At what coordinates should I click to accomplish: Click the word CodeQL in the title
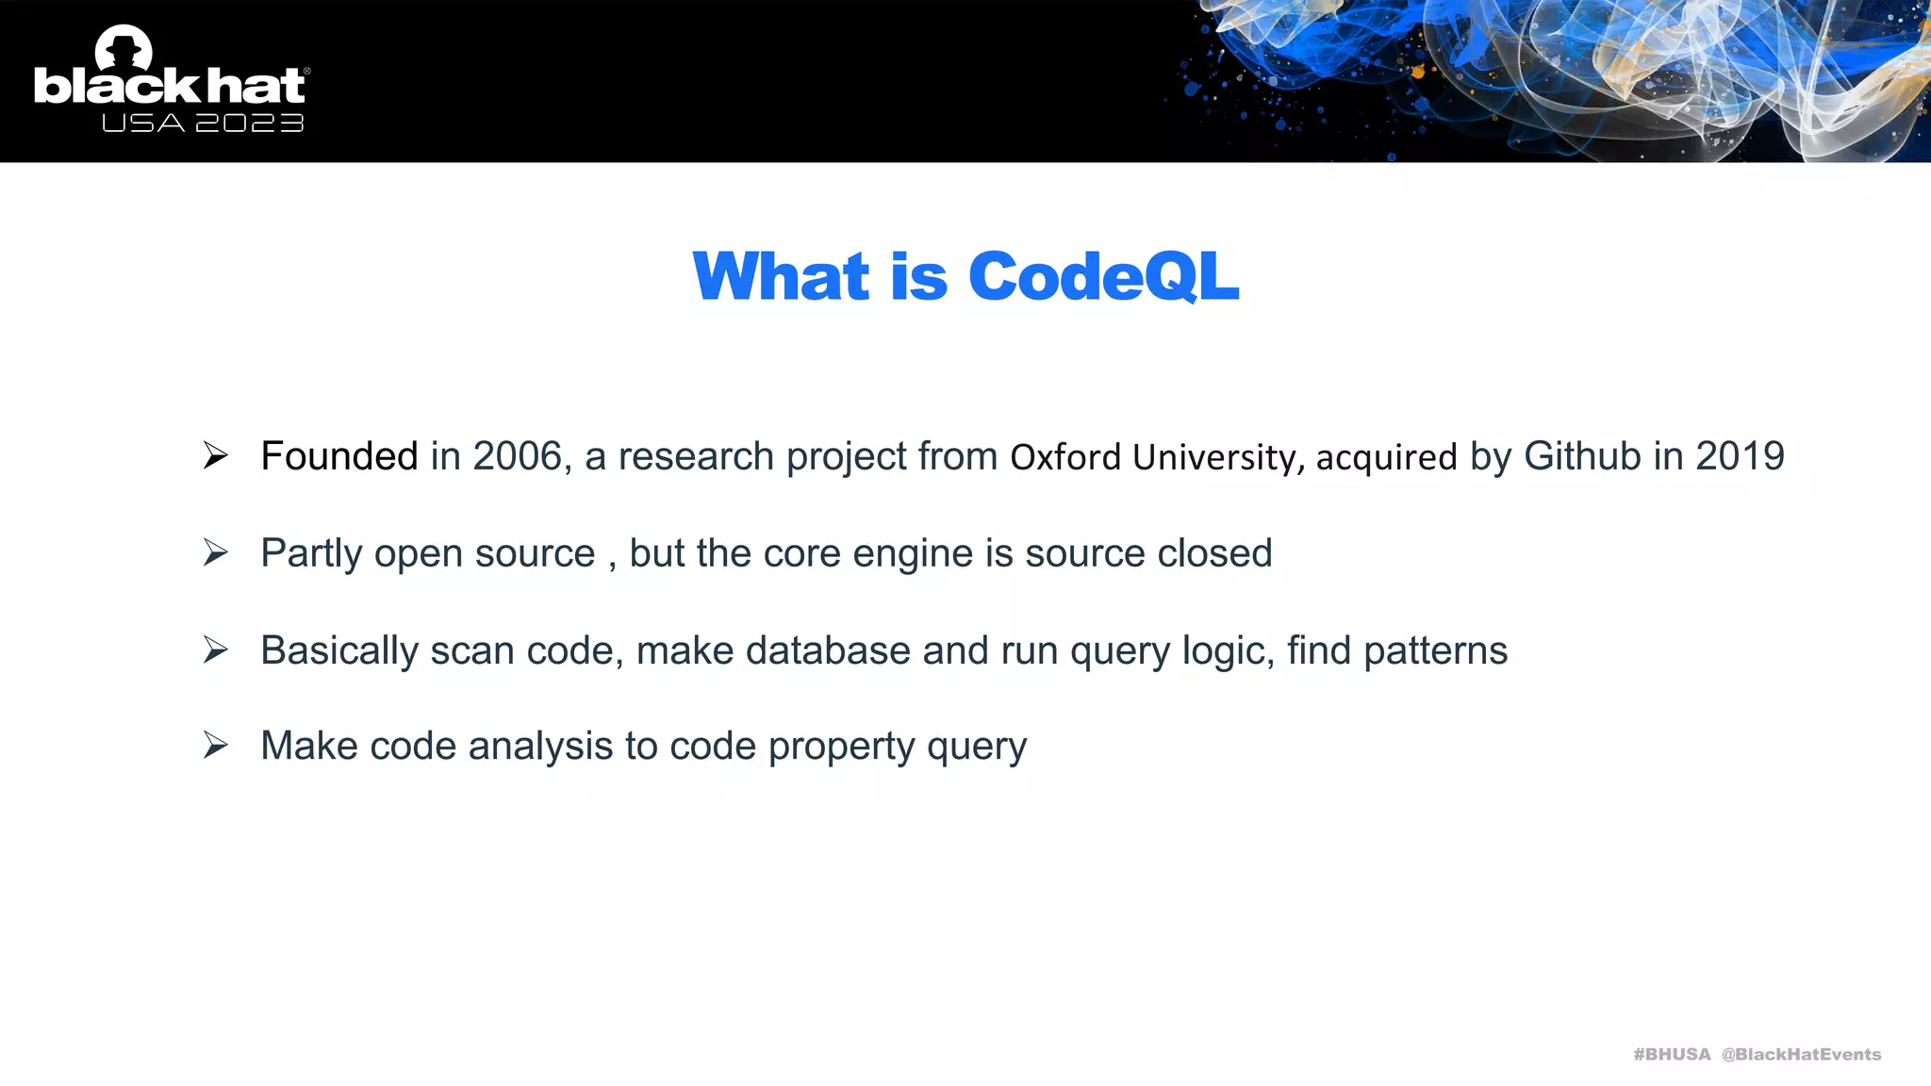pos(1102,277)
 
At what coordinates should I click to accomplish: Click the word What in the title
pos(781,277)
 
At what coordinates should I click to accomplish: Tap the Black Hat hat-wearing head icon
pos(124,47)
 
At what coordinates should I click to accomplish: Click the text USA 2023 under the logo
pos(203,123)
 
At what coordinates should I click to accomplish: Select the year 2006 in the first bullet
pos(517,456)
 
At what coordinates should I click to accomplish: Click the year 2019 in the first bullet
pos(1740,456)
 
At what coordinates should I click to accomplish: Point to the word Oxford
pos(1065,458)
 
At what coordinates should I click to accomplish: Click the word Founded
pos(339,456)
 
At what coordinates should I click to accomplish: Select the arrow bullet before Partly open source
pos(216,552)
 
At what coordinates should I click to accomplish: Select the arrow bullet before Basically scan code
pos(216,650)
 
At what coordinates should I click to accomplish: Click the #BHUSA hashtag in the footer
pos(1672,1054)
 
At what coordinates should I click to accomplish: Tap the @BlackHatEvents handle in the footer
pos(1801,1054)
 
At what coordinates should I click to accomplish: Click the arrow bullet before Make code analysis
pos(216,746)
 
